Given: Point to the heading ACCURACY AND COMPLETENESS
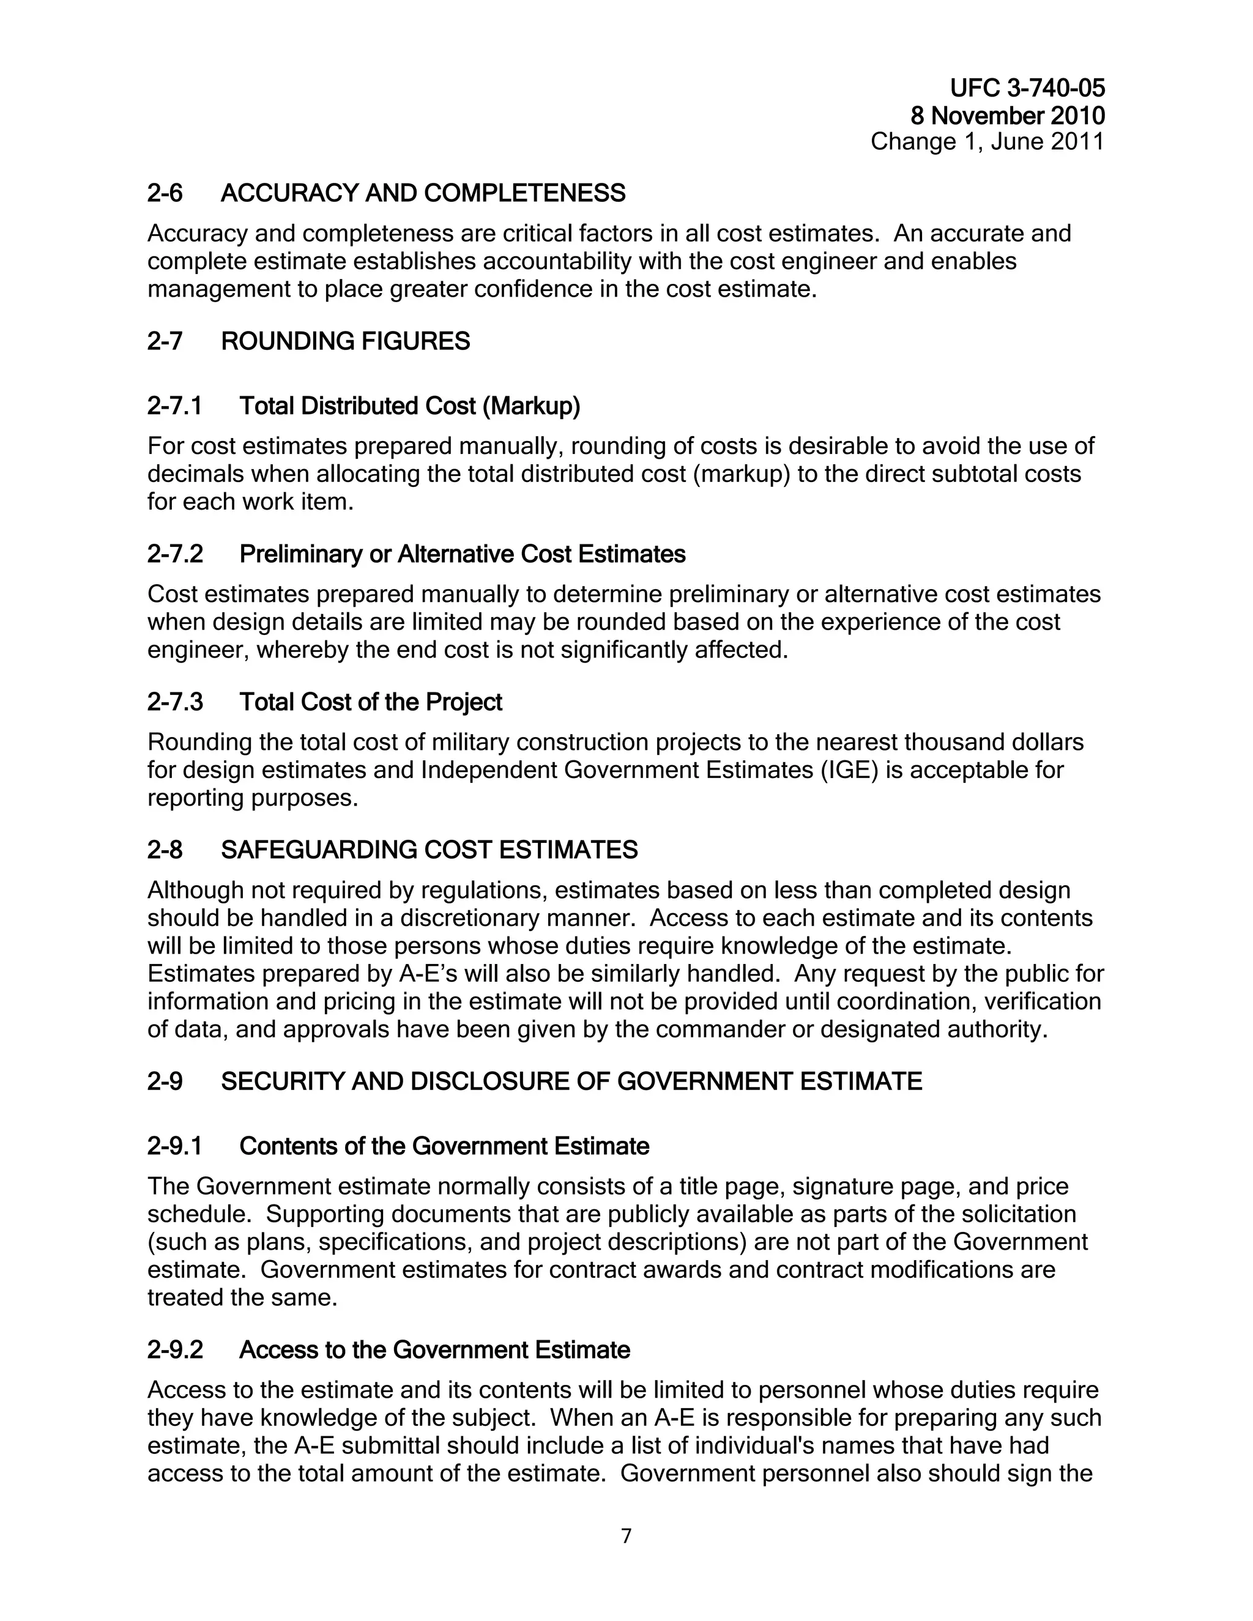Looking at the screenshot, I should (x=423, y=194).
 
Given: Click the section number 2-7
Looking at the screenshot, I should (x=165, y=341).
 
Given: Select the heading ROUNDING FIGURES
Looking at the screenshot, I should (x=345, y=341).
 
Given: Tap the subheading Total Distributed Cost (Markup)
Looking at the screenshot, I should (x=410, y=406).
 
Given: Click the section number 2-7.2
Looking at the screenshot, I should (x=175, y=554).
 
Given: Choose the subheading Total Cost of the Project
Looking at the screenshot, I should (x=370, y=702).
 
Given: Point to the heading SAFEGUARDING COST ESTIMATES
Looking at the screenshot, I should (x=429, y=850).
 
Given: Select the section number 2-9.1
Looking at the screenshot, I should (x=175, y=1147).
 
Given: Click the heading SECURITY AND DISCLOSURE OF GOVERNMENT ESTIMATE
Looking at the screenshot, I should (x=571, y=1082).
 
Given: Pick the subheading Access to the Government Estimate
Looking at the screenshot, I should (x=434, y=1350).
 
